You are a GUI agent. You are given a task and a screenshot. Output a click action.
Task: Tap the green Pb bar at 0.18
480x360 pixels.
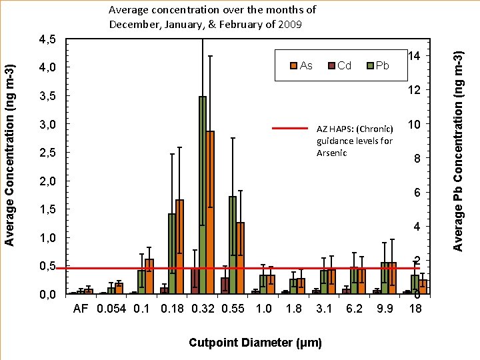click(172, 253)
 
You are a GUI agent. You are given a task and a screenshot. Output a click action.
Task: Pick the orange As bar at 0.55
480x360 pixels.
click(240, 257)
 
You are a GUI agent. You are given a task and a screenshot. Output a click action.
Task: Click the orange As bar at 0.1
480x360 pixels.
click(149, 276)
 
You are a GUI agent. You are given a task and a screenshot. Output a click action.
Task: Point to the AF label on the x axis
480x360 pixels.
click(80, 309)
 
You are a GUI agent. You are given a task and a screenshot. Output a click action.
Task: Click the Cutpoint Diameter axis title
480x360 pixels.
click(255, 343)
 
